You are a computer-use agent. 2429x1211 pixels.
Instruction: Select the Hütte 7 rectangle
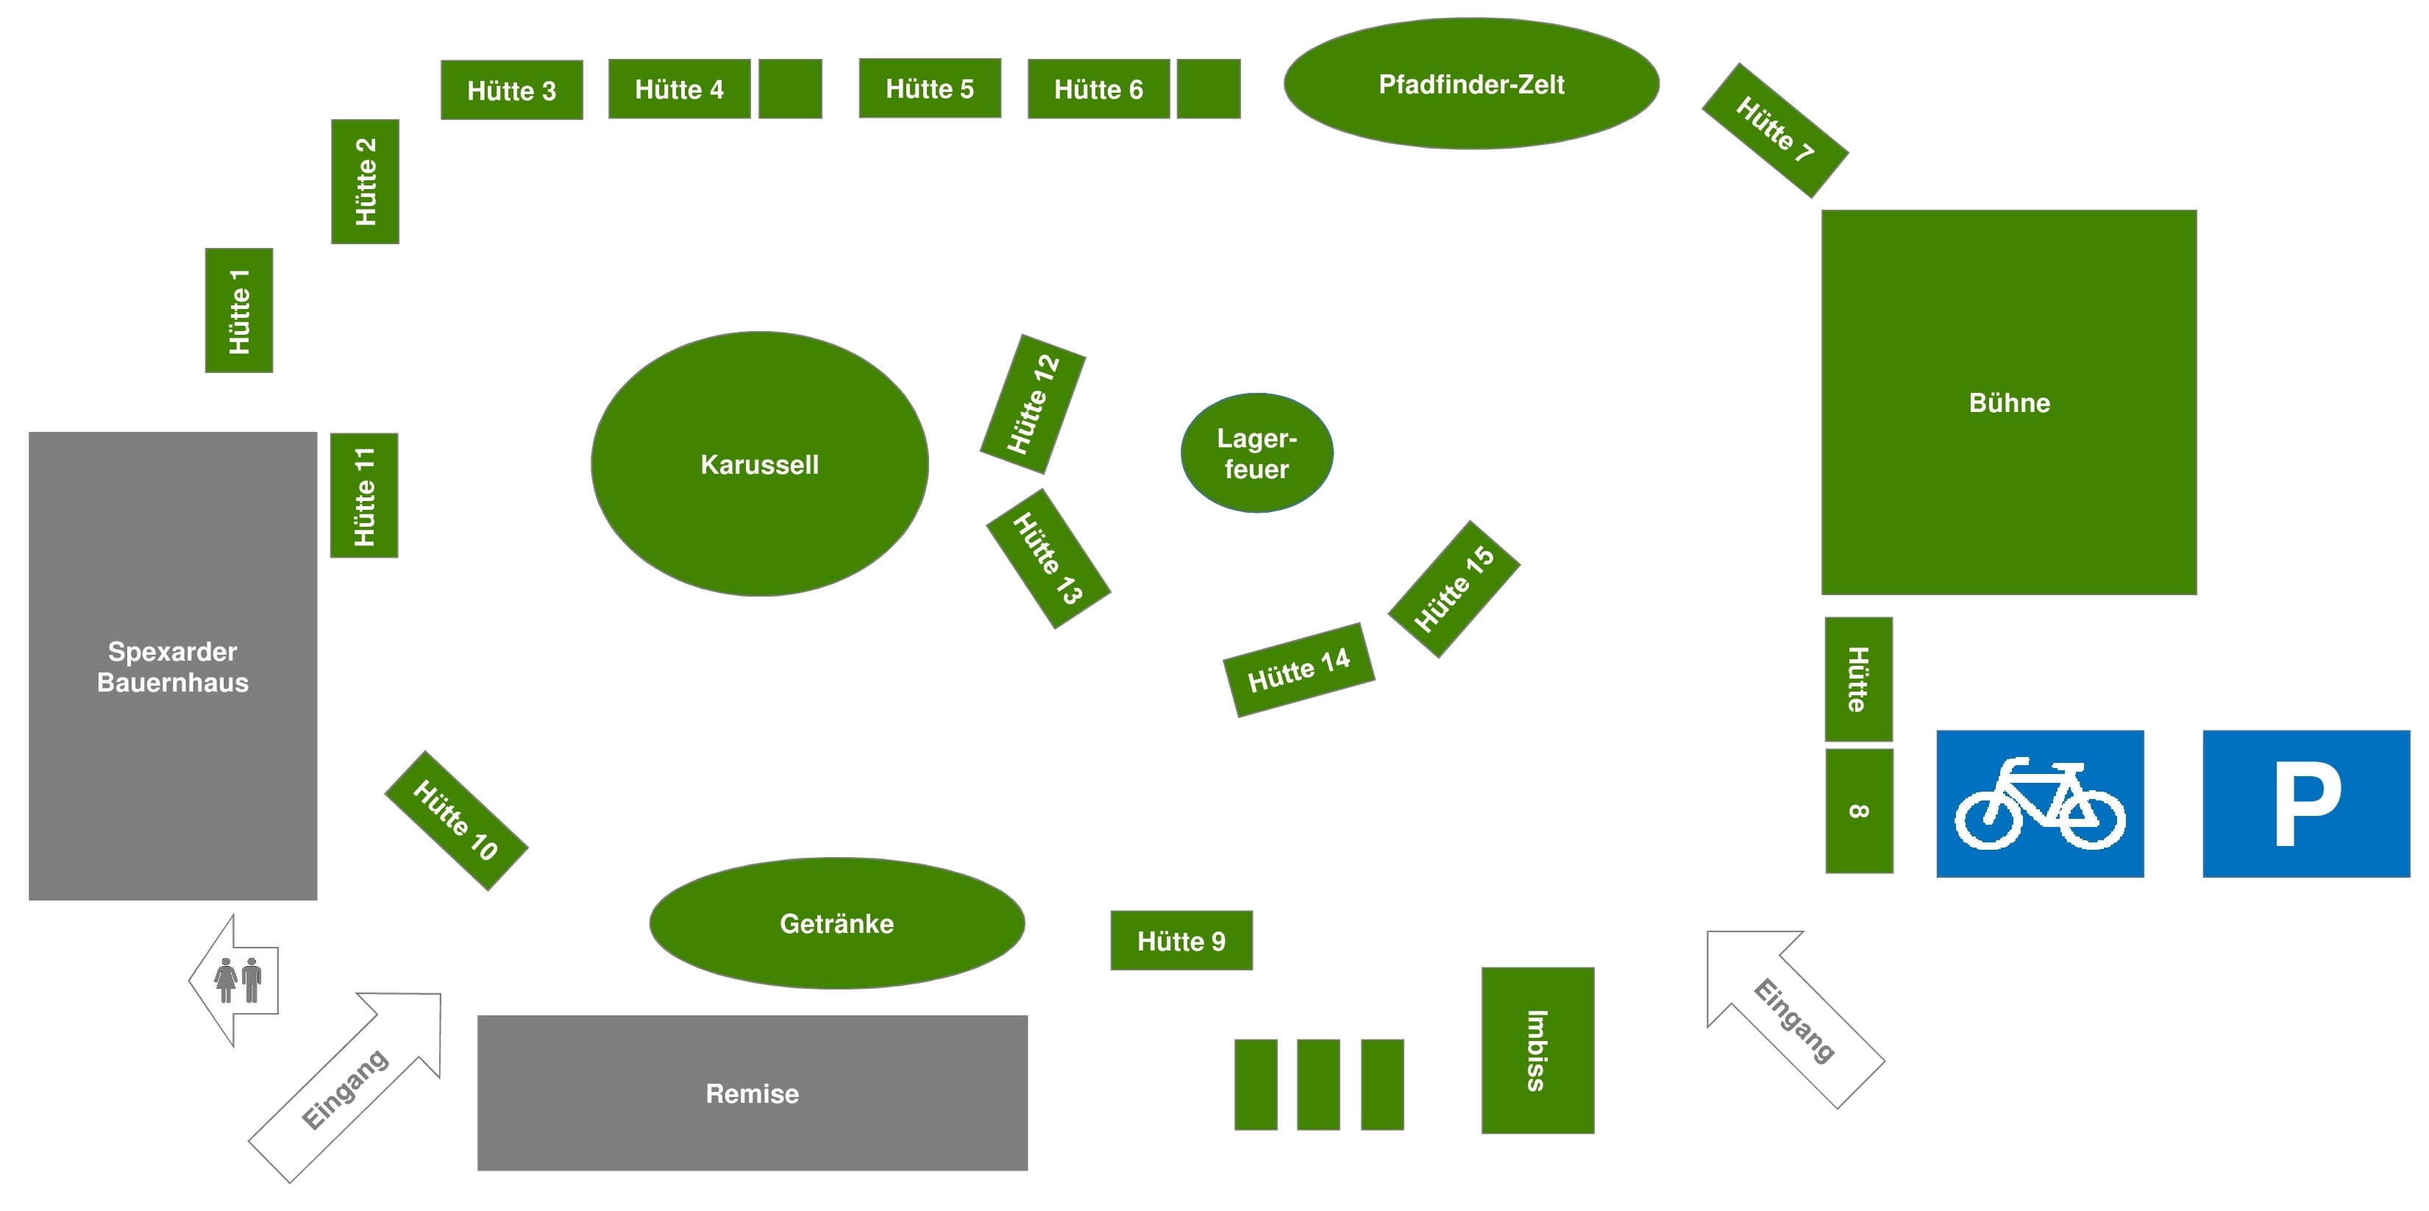pyautogui.click(x=1774, y=130)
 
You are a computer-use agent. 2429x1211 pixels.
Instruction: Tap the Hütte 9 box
pyautogui.click(x=1181, y=940)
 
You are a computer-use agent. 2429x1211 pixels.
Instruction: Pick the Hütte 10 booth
pyautogui.click(x=455, y=820)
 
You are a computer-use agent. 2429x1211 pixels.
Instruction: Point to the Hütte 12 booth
pyautogui.click(x=1033, y=404)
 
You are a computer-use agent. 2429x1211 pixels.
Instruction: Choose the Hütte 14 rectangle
pyautogui.click(x=1298, y=670)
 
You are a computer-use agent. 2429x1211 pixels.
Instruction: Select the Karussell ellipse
pyautogui.click(x=759, y=464)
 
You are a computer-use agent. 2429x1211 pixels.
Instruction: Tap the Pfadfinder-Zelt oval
pyautogui.click(x=1471, y=84)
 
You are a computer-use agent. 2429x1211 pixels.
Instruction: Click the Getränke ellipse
pyautogui.click(x=836, y=923)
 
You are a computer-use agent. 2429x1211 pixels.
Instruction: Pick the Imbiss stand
pyautogui.click(x=1537, y=1050)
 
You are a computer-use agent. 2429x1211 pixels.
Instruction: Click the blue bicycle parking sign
pyautogui.click(x=2040, y=803)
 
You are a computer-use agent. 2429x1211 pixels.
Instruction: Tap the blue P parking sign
pyautogui.click(x=2305, y=803)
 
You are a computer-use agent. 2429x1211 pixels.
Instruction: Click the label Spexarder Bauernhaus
pyautogui.click(x=173, y=666)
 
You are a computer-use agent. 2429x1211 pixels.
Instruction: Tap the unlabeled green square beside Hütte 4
pyautogui.click(x=790, y=89)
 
